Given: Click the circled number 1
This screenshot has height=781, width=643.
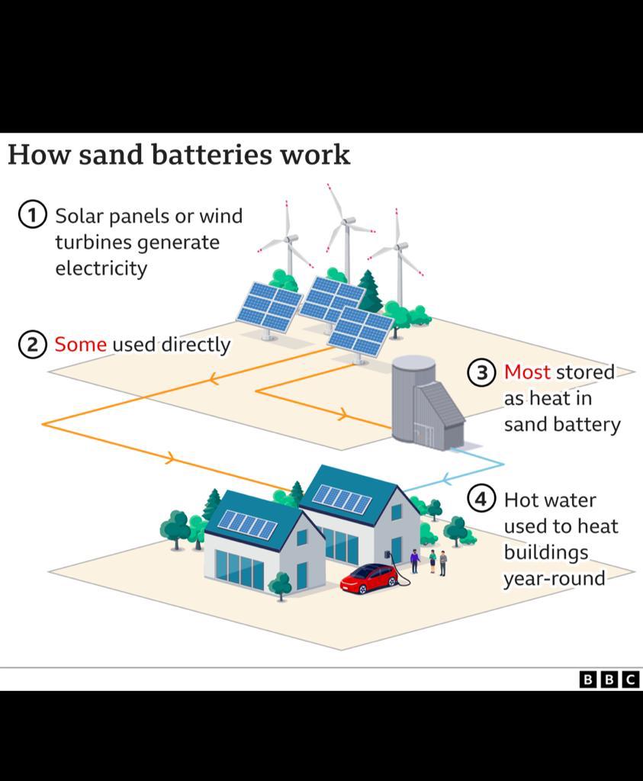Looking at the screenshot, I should (32, 215).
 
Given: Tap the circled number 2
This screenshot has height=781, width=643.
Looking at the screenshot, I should (32, 345).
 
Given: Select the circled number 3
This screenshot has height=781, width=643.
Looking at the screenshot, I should (481, 372).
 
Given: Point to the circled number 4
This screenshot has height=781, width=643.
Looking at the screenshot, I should (481, 500).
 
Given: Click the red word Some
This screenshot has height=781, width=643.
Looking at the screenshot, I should (80, 345).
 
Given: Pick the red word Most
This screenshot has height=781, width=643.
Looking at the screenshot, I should (527, 372).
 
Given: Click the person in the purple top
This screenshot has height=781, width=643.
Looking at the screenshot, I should (415, 561).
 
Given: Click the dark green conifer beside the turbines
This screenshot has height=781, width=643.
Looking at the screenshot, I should (370, 292).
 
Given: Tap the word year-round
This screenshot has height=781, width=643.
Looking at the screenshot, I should (554, 578).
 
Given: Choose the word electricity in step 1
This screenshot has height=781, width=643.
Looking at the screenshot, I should (101, 268).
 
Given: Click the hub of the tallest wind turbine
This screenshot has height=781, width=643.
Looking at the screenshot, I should (347, 221).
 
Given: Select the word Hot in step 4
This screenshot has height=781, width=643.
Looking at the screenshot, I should (519, 500).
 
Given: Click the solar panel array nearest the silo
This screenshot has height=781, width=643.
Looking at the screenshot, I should (360, 330).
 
